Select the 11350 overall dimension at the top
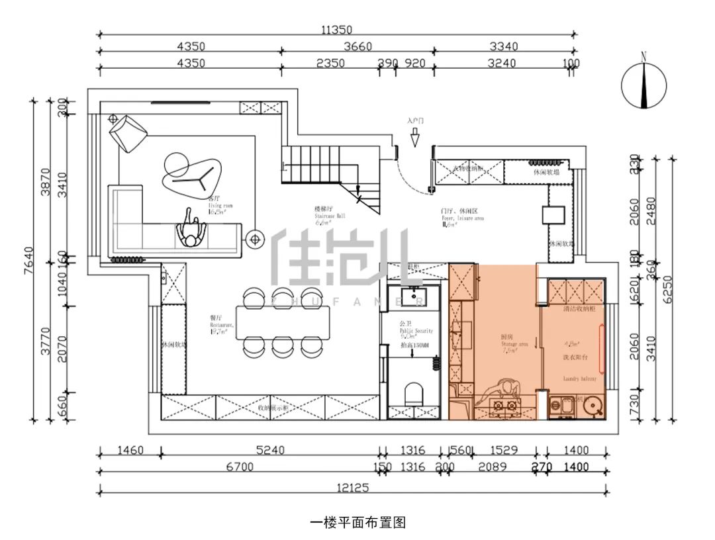pyautogui.click(x=337, y=29)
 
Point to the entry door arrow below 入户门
pyautogui.click(x=415, y=138)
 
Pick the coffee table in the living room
pyautogui.click(x=188, y=173)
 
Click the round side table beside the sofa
pyautogui.click(x=254, y=239)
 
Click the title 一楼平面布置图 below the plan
pyautogui.click(x=358, y=523)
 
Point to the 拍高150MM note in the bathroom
pyautogui.click(x=414, y=345)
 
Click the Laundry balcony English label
pyautogui.click(x=579, y=379)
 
